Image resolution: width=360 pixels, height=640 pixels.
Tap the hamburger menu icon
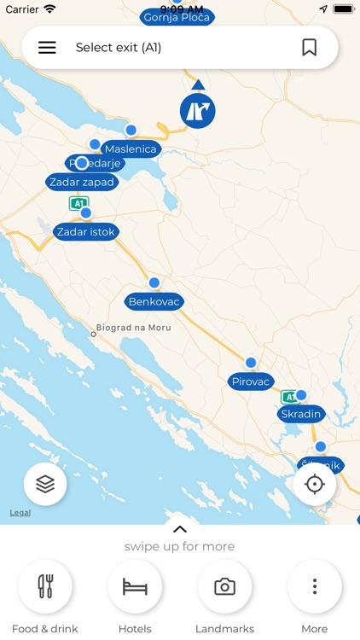pos(47,48)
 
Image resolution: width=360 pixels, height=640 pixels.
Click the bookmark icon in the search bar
pos(310,48)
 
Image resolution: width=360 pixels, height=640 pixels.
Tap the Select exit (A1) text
pos(119,48)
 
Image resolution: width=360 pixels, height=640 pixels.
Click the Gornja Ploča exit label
pos(177,17)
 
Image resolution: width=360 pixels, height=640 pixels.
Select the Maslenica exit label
pos(131,149)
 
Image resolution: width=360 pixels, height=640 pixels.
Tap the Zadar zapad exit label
pos(82,182)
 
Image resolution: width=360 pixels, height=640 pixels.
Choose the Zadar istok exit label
pos(85,231)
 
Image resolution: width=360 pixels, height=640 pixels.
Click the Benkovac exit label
pos(155,302)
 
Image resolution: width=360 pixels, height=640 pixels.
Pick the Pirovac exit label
pos(251,381)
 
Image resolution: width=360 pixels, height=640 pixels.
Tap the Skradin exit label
pos(300,414)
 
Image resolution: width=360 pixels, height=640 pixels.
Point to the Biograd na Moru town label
pos(134,328)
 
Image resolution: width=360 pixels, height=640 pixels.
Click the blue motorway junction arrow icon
pos(198,110)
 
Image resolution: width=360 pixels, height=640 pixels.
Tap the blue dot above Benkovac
pos(154,282)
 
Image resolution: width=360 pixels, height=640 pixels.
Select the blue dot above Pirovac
pos(251,363)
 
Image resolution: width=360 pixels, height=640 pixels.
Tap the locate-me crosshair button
pos(315,485)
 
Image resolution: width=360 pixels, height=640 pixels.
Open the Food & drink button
pos(45,587)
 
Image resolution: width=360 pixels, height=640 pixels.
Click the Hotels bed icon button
pos(135,587)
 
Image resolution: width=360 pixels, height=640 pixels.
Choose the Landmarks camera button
pos(224,587)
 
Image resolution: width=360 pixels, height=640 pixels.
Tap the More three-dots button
pos(315,587)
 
